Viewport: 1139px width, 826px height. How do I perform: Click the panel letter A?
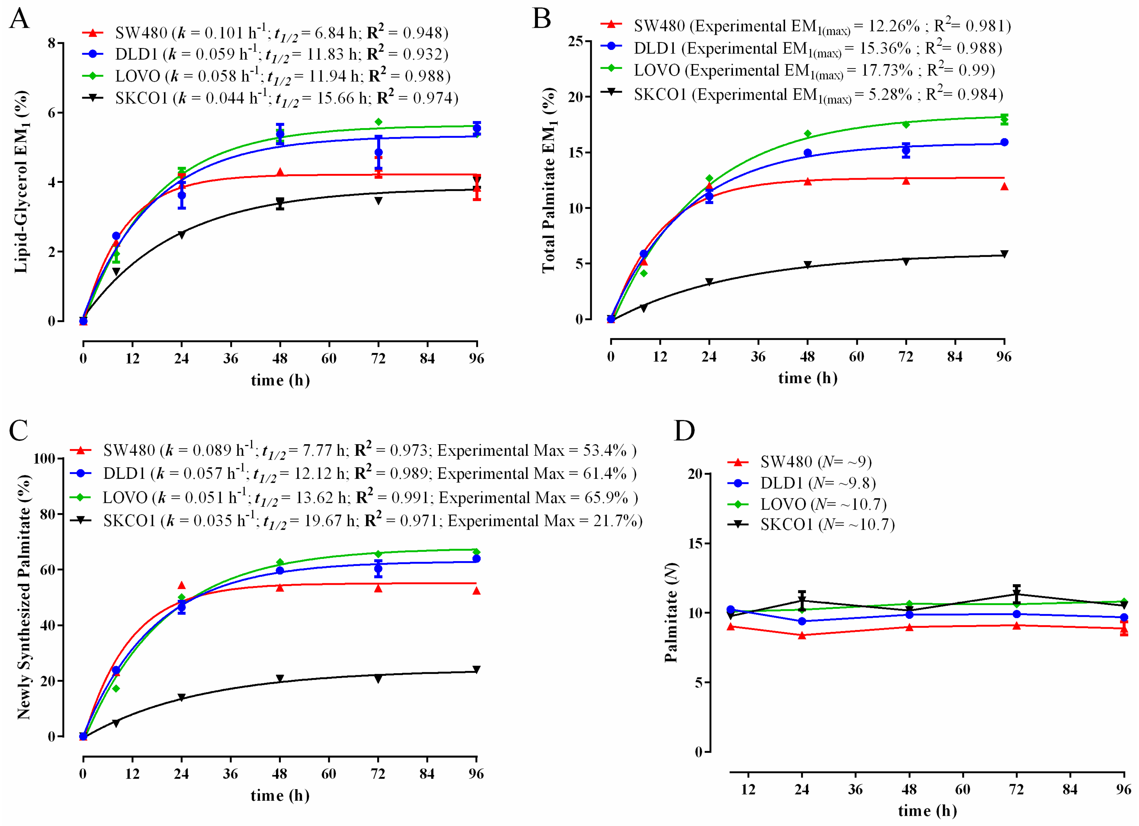tap(19, 19)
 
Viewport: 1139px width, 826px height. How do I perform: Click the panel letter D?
tap(684, 430)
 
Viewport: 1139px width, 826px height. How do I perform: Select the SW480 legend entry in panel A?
tap(141, 33)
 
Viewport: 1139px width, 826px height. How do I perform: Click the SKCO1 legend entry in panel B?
tap(659, 94)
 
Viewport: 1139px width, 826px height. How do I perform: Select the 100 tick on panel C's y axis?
tap(44, 458)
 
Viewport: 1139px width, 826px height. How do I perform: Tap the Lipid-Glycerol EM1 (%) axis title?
tap(21, 182)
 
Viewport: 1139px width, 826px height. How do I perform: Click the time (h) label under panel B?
tap(808, 378)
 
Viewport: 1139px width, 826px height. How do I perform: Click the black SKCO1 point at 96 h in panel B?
tap(1004, 254)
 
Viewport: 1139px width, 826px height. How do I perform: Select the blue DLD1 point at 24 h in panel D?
tap(802, 622)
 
